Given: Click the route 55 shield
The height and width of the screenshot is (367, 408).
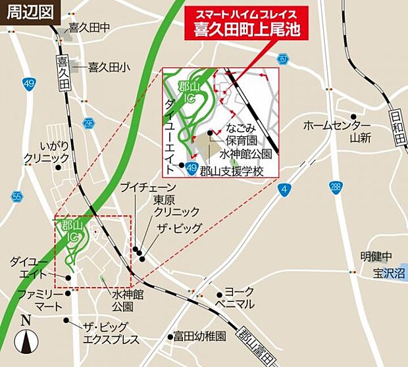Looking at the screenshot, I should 17,197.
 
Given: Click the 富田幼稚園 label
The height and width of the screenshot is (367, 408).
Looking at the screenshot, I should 200,336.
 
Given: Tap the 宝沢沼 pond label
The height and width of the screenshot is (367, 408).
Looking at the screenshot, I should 388,272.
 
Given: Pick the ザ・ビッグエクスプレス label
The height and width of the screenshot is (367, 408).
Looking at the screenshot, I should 107,333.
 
